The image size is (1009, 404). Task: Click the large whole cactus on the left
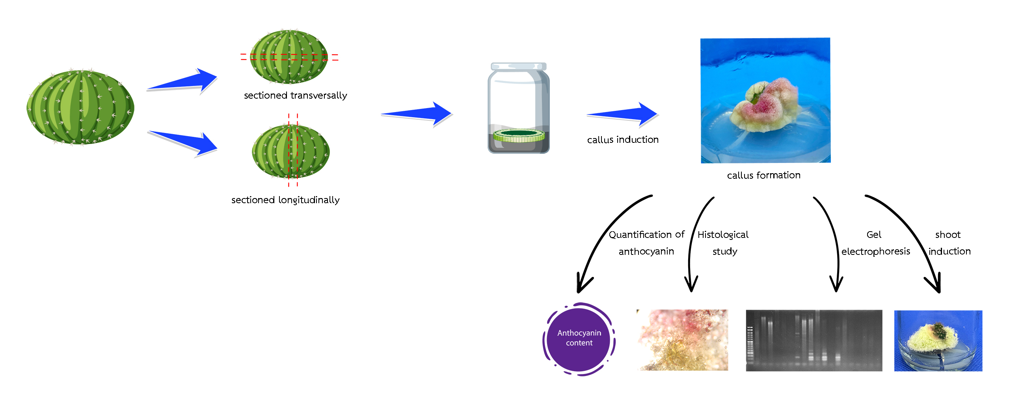(80, 107)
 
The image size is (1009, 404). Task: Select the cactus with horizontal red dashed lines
(289, 57)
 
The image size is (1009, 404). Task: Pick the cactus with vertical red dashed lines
(290, 152)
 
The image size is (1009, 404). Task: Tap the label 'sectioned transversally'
(295, 95)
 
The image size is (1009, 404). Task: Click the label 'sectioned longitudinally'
(285, 200)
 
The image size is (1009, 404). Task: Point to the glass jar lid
(519, 66)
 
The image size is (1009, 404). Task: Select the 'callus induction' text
(623, 140)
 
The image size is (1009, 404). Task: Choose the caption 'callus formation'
(763, 175)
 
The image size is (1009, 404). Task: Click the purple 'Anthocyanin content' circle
(579, 339)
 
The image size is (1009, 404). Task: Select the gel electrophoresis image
(814, 340)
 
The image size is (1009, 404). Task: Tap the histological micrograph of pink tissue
(682, 340)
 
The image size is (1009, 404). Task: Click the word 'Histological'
(723, 235)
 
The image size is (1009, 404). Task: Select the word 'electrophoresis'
(875, 251)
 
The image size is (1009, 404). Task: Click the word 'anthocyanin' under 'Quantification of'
(646, 251)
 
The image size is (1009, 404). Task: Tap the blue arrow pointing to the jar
(417, 114)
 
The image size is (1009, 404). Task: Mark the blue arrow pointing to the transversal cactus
(182, 81)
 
